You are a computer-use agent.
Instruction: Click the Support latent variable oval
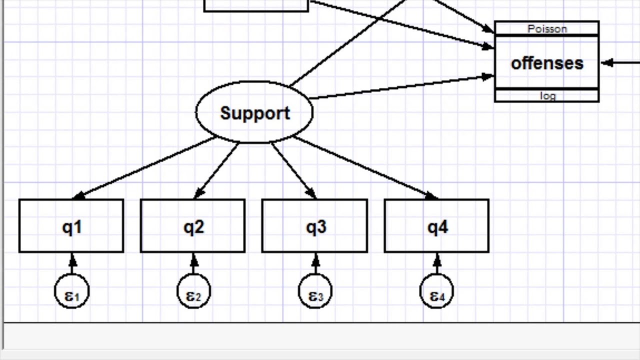tap(254, 112)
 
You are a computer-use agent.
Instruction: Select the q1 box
tap(71, 226)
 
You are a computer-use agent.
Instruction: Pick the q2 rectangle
tap(193, 226)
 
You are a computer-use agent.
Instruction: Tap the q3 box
tap(315, 226)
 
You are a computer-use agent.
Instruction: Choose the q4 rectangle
tap(436, 226)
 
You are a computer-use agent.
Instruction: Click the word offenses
tap(547, 63)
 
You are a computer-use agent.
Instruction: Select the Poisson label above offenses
tap(547, 28)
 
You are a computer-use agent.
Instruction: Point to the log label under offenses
tap(547, 96)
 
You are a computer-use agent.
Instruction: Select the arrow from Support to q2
tap(216, 170)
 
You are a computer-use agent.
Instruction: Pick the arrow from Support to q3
tap(293, 170)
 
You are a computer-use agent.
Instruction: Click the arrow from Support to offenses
tap(400, 87)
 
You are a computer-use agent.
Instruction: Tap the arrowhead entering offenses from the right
tap(607, 63)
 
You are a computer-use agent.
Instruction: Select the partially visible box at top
tap(256, 5)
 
